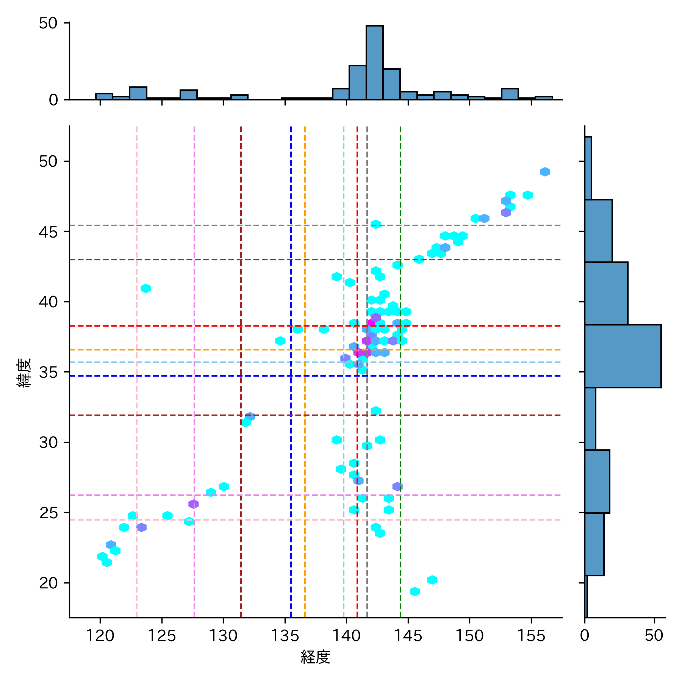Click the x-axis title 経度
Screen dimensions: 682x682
tap(315, 657)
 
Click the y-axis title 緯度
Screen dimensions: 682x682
tap(24, 373)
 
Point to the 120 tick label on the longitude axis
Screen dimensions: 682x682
tap(100, 635)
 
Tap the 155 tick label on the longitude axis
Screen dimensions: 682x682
tap(531, 635)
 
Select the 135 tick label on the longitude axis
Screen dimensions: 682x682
tap(285, 635)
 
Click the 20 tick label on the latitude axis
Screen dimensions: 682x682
tap(48, 583)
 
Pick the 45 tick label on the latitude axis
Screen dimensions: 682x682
tap(48, 232)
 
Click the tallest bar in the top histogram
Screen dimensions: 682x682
tap(374, 63)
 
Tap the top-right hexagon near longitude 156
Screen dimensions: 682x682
tap(545, 172)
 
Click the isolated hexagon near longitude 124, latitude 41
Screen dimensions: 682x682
tap(146, 288)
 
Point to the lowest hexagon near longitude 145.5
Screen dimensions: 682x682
tap(415, 591)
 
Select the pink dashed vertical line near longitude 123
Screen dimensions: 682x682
tap(137, 379)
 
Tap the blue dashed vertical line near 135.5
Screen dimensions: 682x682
tap(291, 455)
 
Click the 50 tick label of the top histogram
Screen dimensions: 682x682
tap(48, 23)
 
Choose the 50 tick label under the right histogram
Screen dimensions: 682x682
tap(654, 635)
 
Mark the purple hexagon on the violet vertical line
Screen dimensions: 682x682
tap(194, 504)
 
